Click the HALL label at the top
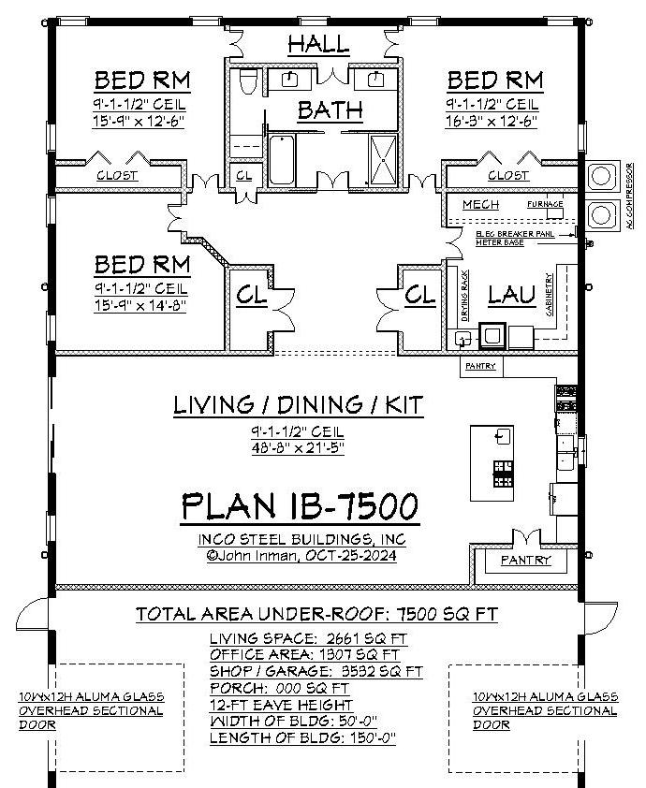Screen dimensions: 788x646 (x=318, y=44)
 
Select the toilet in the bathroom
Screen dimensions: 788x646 (x=248, y=83)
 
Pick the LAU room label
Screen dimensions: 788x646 (x=511, y=296)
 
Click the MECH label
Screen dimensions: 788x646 (x=480, y=204)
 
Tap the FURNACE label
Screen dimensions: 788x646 (x=544, y=204)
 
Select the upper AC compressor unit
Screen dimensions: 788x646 (x=598, y=175)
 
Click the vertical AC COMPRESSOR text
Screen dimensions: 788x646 (x=629, y=196)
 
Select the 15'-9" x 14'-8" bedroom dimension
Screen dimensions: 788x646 (x=140, y=305)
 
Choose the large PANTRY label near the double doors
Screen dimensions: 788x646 (x=525, y=561)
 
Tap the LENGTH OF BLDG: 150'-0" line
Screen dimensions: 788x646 (x=302, y=737)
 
